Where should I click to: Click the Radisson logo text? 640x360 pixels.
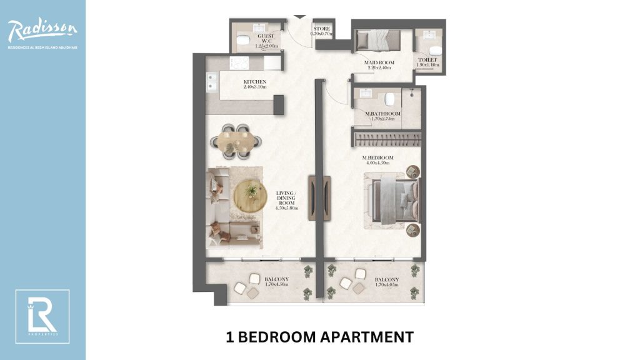click(42, 29)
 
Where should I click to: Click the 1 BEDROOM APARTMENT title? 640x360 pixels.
click(319, 337)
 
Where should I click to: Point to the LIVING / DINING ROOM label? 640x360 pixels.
click(287, 201)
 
